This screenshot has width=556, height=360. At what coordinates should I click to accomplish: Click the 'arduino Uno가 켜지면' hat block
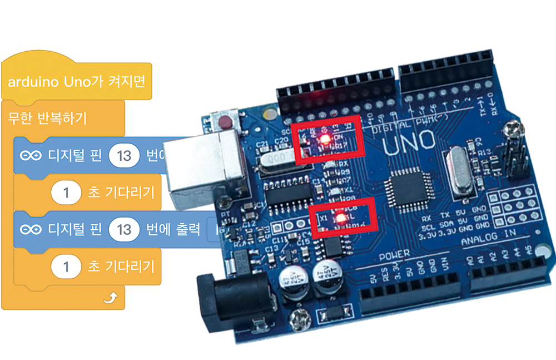tap(76, 82)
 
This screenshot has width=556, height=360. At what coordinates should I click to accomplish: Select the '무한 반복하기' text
tap(48, 118)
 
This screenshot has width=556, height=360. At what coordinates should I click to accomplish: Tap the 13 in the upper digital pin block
tap(124, 155)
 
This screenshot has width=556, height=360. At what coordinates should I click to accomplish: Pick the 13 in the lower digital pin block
tap(124, 229)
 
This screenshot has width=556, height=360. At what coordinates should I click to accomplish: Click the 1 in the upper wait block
tap(66, 193)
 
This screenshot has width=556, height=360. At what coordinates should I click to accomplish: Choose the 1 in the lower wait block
tap(66, 267)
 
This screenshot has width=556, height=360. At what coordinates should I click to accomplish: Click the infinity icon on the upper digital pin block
tap(31, 156)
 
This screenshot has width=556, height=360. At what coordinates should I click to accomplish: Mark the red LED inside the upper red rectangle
tap(327, 137)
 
